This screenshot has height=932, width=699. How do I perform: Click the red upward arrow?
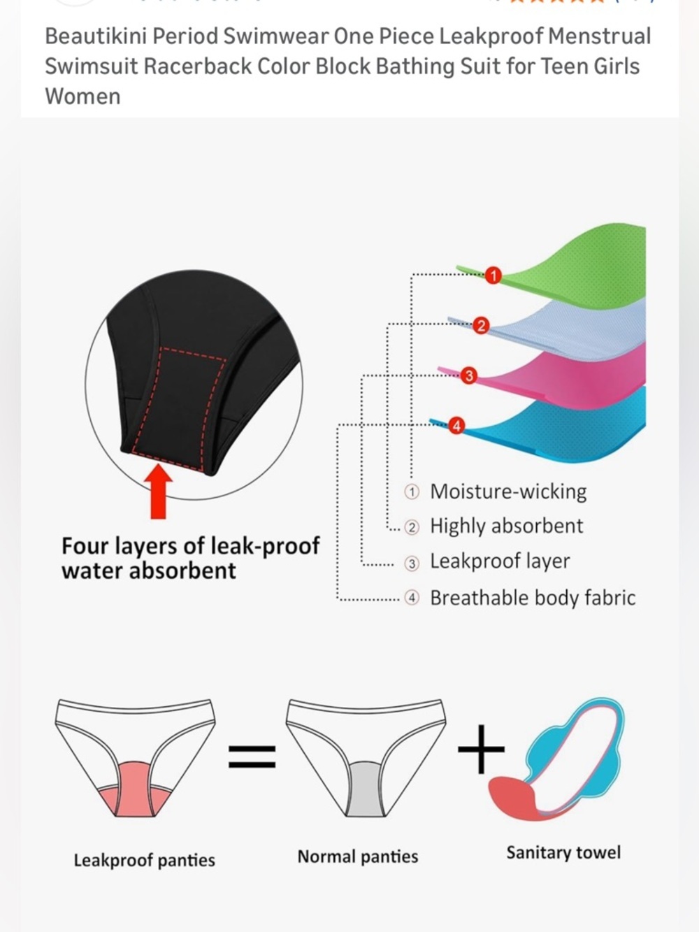point(158,492)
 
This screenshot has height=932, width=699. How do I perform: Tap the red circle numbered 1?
point(493,275)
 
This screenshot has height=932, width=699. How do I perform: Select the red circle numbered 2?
point(481,326)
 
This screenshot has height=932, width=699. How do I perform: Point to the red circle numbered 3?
point(468,375)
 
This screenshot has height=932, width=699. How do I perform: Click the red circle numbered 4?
point(456,426)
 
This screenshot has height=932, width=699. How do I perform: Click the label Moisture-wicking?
point(508,492)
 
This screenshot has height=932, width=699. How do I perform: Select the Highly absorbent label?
point(507,526)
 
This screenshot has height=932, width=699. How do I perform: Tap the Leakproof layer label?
point(500,561)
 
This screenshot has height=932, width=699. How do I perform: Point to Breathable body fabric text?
point(533,598)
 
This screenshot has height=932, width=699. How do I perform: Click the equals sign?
point(252,757)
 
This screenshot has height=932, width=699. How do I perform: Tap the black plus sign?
point(481,749)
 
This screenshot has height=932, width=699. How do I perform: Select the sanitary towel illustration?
point(556,760)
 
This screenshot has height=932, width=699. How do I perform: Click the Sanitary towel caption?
point(563,852)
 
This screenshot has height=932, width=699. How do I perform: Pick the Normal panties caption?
point(358,856)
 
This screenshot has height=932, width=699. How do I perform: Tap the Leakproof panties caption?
point(144,860)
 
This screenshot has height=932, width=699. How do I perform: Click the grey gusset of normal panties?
point(366,789)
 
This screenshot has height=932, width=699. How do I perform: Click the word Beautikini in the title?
point(96,36)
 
